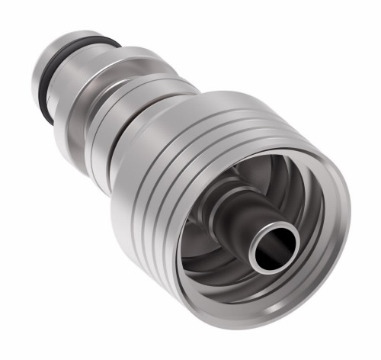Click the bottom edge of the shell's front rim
click(x=251, y=332)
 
